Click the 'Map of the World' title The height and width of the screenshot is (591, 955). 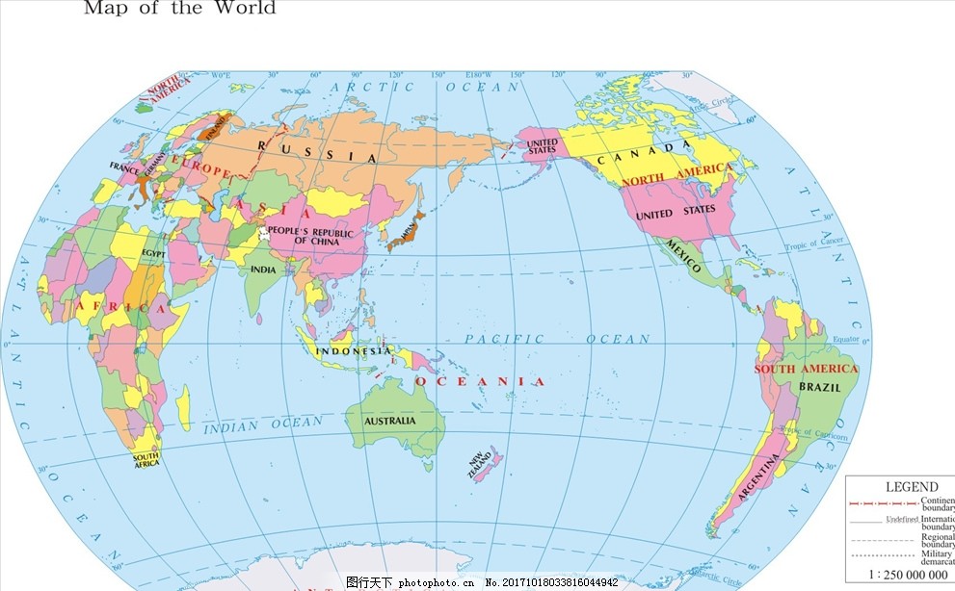tap(179, 9)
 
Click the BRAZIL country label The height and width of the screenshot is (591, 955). tap(819, 387)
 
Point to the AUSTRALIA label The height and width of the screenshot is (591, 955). tap(389, 421)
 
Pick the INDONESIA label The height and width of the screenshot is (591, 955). tap(352, 351)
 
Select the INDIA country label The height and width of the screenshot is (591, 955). tap(263, 270)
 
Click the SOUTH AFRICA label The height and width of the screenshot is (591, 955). tap(146, 460)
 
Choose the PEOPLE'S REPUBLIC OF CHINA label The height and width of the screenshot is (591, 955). tap(309, 236)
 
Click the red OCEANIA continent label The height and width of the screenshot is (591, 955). tap(479, 382)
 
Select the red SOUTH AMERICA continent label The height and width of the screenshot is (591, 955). tap(805, 369)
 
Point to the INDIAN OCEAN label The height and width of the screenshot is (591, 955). tap(263, 424)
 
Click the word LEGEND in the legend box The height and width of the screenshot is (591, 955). tap(911, 487)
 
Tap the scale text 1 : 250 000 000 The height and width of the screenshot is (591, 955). tap(909, 574)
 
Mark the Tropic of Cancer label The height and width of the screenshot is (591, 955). tap(813, 243)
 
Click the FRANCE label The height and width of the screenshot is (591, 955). tap(125, 167)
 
